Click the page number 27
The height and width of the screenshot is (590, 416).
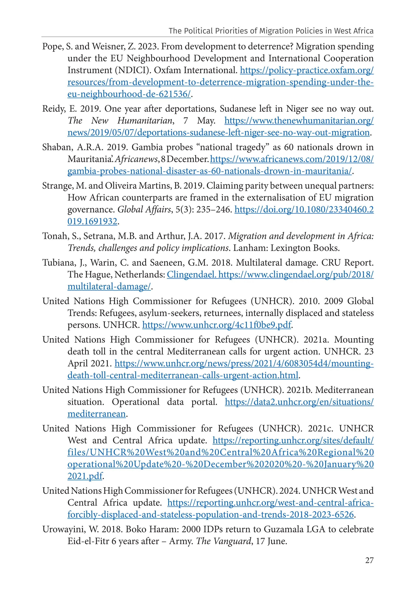(x=369, y=560)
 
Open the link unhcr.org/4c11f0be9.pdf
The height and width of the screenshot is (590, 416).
(x=217, y=325)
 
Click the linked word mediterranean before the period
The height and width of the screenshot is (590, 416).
(x=97, y=414)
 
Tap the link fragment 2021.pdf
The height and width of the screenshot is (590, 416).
(x=85, y=476)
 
